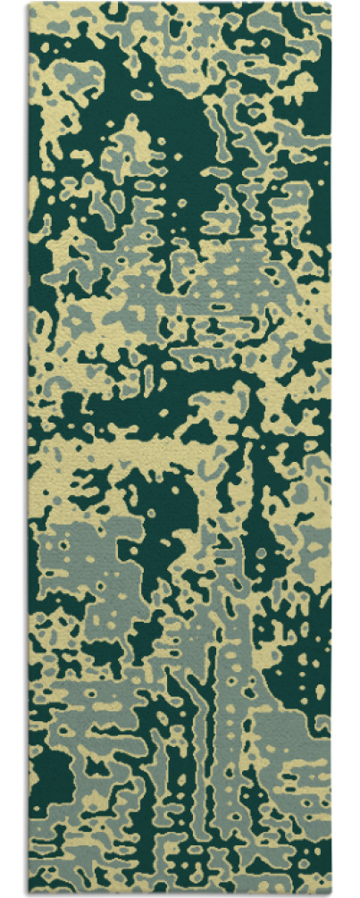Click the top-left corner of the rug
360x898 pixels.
29,4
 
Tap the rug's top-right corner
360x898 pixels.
331,4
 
